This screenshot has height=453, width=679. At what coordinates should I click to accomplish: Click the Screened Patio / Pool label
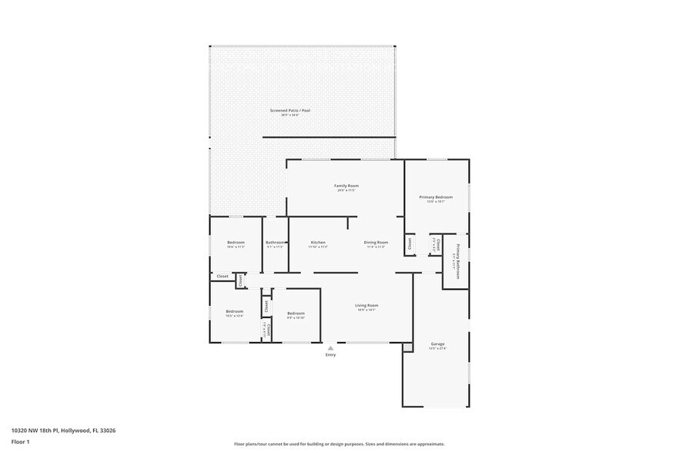[x=289, y=110]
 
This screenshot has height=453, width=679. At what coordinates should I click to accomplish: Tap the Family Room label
[x=346, y=186]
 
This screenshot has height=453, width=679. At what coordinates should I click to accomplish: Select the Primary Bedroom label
[x=436, y=197]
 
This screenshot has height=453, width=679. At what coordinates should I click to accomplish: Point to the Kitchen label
[x=318, y=242]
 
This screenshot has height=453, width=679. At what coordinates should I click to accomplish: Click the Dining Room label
[x=376, y=242]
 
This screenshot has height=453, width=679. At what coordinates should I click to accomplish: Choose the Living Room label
[x=366, y=305]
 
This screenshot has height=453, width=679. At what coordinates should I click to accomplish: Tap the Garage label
[x=437, y=344]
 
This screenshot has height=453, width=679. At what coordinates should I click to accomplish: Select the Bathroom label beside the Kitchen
[x=276, y=242]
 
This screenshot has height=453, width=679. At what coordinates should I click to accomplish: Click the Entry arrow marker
[x=331, y=347]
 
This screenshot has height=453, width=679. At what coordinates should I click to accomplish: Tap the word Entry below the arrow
[x=331, y=355]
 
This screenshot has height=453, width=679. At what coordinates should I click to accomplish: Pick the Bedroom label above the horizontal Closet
[x=236, y=243]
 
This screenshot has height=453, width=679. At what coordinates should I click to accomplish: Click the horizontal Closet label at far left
[x=222, y=276]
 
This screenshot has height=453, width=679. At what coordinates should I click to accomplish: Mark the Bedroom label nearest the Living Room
[x=296, y=313]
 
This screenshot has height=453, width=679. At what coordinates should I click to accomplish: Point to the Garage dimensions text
[x=437, y=348]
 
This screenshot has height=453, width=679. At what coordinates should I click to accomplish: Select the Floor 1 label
[x=20, y=441]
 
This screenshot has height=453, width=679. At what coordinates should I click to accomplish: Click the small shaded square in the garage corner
[x=407, y=348]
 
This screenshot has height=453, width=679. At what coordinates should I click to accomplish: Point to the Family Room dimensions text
[x=346, y=190]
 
